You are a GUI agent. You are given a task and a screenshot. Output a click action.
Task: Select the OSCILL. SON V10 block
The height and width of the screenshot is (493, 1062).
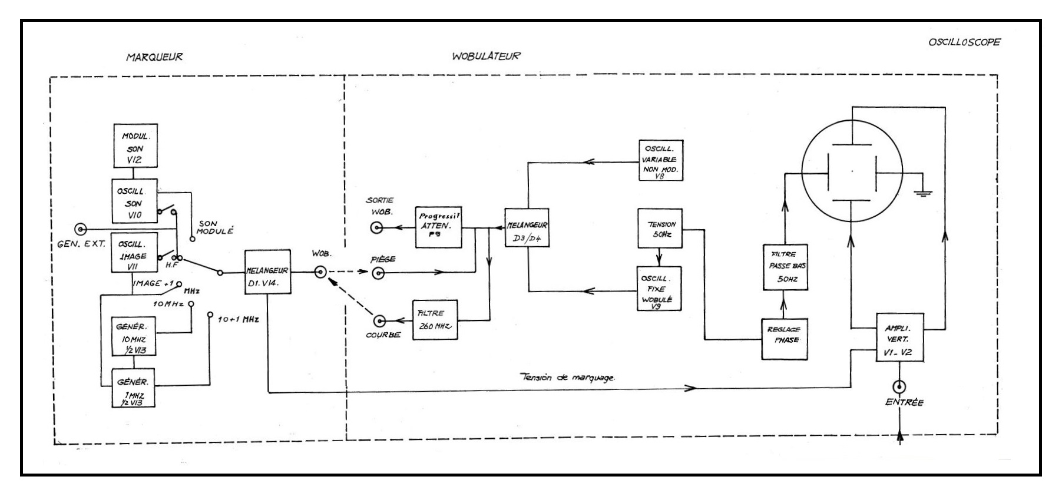(x=135, y=201)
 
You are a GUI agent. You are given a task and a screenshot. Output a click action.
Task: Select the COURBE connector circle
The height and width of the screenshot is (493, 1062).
(x=380, y=320)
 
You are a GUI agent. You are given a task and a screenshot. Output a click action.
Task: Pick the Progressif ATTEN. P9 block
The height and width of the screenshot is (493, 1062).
(x=438, y=227)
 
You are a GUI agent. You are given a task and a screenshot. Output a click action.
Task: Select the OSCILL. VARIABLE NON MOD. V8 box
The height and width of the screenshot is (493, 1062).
(x=661, y=160)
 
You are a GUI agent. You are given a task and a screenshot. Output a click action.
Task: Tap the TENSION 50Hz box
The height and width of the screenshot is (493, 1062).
(x=660, y=229)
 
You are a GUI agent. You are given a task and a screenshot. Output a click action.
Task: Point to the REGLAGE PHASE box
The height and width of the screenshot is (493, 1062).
(x=785, y=335)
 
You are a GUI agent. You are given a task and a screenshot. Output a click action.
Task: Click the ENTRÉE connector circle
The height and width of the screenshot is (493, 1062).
(x=899, y=387)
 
